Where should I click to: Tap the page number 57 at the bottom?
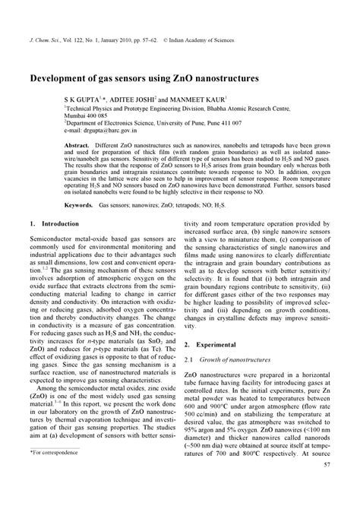pos(327,485)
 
